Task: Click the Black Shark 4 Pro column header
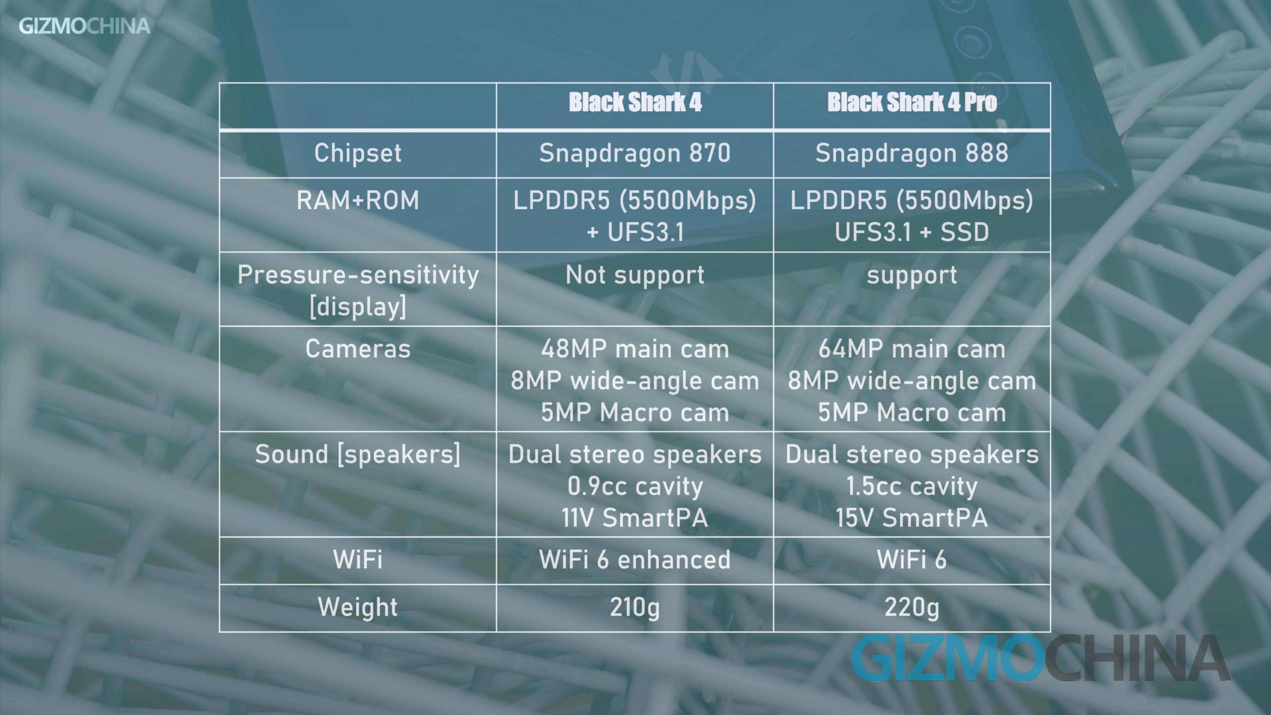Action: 912,102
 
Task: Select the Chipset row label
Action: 358,153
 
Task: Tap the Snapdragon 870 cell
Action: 635,153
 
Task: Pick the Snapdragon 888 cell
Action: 912,153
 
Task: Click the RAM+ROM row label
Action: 358,200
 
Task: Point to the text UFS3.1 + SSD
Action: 912,232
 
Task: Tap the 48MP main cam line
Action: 635,349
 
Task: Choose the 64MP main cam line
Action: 912,349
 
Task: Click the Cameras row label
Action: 358,349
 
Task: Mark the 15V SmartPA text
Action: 912,518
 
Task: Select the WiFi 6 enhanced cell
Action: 635,559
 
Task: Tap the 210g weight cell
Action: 635,607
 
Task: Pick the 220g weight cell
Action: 912,607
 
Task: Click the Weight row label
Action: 358,607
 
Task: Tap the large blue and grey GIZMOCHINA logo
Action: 1040,658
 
